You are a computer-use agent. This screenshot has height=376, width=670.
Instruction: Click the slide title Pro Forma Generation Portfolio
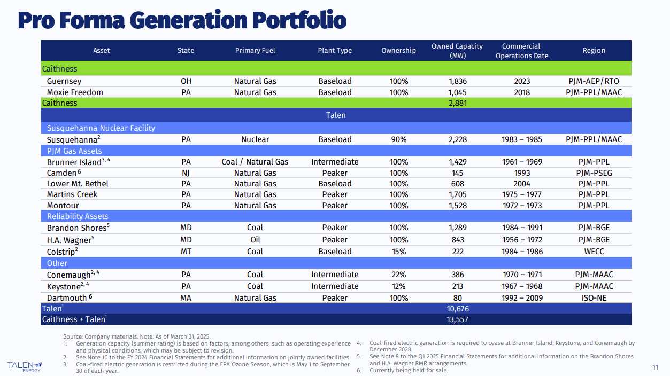pyautogui.click(x=182, y=20)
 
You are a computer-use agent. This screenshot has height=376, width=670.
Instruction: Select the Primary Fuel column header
pyautogui.click(x=255, y=51)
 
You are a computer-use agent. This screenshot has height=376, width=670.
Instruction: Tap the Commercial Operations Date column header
pyautogui.click(x=521, y=51)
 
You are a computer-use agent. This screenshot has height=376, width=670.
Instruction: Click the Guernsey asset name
pyautogui.click(x=64, y=81)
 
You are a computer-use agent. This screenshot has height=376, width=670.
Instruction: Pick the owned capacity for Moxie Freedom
pyautogui.click(x=457, y=92)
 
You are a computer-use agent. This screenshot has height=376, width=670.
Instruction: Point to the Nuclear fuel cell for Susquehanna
pyautogui.click(x=255, y=139)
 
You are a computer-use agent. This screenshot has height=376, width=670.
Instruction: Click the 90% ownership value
pyautogui.click(x=398, y=139)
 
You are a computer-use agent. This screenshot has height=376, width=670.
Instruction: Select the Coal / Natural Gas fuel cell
pyautogui.click(x=255, y=162)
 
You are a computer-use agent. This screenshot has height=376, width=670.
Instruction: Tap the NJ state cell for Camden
pyautogui.click(x=186, y=173)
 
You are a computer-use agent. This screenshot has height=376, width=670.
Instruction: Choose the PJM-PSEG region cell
pyautogui.click(x=594, y=173)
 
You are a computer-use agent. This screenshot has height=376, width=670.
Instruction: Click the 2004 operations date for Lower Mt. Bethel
pyautogui.click(x=521, y=184)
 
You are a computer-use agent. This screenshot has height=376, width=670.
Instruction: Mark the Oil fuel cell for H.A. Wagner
pyautogui.click(x=255, y=240)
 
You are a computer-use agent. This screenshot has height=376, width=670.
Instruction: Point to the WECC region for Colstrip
pyautogui.click(x=594, y=252)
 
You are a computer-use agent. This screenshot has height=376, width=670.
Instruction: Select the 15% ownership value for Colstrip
pyautogui.click(x=398, y=252)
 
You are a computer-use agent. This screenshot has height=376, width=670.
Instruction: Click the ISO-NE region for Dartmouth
pyautogui.click(x=594, y=298)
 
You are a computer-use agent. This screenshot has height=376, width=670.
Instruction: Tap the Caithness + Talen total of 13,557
pyautogui.click(x=457, y=319)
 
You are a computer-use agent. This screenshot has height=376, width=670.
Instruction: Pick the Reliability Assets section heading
pyautogui.click(x=78, y=216)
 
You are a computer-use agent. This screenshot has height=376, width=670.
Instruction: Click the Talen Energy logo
pyautogui.click(x=25, y=366)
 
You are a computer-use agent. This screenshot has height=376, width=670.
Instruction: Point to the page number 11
pyautogui.click(x=655, y=367)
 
